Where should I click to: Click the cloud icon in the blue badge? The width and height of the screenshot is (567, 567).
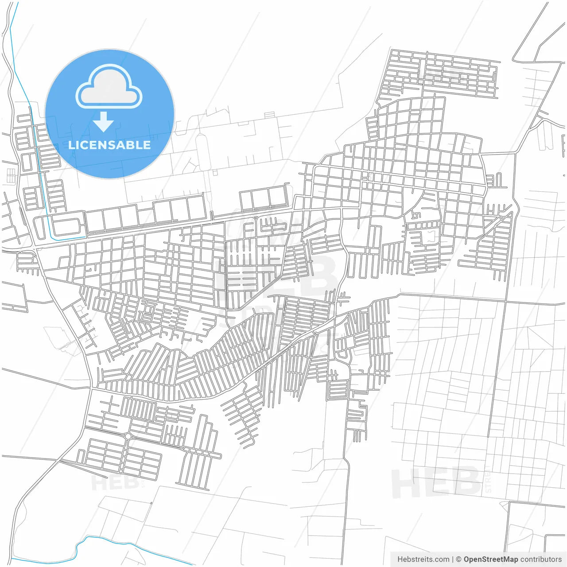[x=109, y=87]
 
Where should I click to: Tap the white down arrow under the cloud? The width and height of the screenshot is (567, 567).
[x=104, y=122]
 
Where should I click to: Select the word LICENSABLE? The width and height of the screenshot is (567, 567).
[x=109, y=145]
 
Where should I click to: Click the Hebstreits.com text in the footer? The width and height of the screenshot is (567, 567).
[x=423, y=559]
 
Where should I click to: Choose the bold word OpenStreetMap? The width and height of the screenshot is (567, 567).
[x=490, y=559]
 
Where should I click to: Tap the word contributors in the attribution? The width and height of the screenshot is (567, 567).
[x=541, y=559]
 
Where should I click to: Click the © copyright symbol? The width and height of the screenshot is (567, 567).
[x=458, y=559]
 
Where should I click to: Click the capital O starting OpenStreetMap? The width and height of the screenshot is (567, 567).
[x=467, y=559]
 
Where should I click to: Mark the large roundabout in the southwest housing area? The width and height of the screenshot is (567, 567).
[x=128, y=436]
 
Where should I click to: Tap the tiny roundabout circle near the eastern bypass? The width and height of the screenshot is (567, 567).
[x=502, y=218]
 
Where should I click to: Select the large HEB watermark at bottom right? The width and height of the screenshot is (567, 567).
[x=436, y=483]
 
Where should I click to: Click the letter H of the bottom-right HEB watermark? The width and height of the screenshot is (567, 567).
[x=404, y=483]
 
